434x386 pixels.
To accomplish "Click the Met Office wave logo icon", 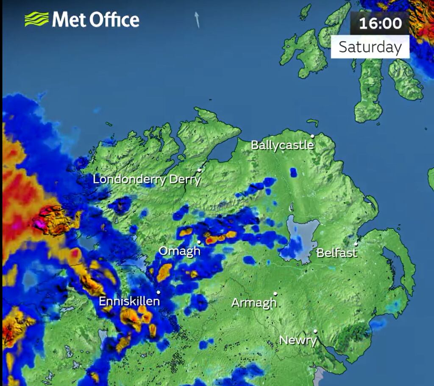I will [36, 19].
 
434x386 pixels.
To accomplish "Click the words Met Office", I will [96, 20].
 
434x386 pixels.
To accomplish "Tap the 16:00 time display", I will [380, 23].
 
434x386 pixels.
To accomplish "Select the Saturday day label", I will [370, 47].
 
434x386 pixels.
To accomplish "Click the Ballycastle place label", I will [282, 145].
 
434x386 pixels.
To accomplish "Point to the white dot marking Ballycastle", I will [312, 136].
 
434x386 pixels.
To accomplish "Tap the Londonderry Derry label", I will [147, 179].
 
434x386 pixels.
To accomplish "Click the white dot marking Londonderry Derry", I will [199, 170].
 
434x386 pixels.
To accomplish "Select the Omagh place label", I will [179, 251].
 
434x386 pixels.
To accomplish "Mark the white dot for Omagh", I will [199, 242].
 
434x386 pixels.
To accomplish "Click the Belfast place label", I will [337, 253].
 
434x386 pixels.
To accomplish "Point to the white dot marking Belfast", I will [356, 244].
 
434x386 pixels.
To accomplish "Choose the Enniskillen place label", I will [129, 302].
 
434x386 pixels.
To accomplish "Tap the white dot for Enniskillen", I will [159, 292].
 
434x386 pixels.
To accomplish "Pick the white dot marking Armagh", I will [275, 294].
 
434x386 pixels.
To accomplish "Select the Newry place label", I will [298, 340].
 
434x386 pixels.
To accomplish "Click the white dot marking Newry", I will [315, 331].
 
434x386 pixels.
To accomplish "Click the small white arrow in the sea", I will [197, 19].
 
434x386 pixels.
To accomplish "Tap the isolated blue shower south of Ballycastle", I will [293, 172].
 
